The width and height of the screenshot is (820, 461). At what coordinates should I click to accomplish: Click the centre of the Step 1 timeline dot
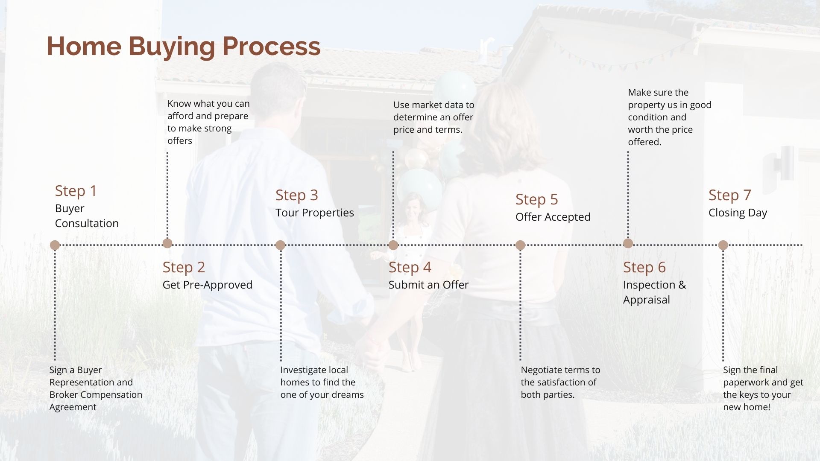[x=55, y=245]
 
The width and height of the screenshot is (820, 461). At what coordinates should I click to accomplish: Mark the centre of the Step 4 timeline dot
[x=393, y=245]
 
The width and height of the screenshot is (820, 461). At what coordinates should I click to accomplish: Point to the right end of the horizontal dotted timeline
[x=802, y=245]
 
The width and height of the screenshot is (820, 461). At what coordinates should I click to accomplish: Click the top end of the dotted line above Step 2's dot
[x=167, y=152]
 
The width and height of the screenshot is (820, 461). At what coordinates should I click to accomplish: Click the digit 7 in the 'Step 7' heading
[x=747, y=195]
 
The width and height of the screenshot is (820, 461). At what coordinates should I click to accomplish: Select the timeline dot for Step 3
[x=280, y=245]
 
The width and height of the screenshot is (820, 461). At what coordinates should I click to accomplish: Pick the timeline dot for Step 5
[x=520, y=245]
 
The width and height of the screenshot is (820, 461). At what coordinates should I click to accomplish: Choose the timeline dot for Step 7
[x=723, y=245]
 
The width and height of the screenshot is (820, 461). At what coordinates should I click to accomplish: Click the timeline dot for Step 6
[x=628, y=243]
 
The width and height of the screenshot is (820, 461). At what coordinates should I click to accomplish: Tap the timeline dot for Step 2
[x=167, y=243]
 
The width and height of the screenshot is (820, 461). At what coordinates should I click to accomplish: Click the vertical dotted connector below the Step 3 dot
[x=281, y=305]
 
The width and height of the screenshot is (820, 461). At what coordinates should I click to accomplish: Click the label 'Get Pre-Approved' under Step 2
[x=208, y=285]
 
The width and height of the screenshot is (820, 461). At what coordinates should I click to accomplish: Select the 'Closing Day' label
[x=738, y=213]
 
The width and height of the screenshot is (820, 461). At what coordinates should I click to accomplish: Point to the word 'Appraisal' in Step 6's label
[x=647, y=300]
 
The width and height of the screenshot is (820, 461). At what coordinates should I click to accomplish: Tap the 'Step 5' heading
[x=537, y=199]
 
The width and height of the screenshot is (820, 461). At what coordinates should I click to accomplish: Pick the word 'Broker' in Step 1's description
[x=64, y=395]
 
